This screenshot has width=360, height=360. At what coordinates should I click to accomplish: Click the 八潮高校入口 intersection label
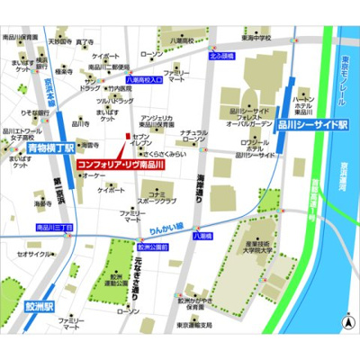[x=143, y=80]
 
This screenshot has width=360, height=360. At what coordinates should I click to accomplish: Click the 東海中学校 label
[x=256, y=39]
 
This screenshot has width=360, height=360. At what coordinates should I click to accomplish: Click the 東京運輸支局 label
[x=194, y=325]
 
